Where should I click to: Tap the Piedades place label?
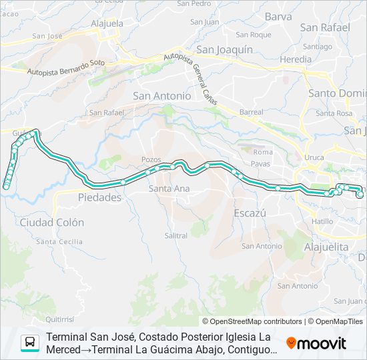pyautogui.click(x=99, y=197)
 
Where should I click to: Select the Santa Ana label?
pyautogui.click(x=169, y=189)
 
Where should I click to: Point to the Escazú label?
pyautogui.click(x=250, y=213)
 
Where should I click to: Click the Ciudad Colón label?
pyautogui.click(x=52, y=222)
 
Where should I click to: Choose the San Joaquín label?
pyautogui.click(x=224, y=49)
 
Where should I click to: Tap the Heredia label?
pyautogui.click(x=296, y=59)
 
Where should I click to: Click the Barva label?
pyautogui.click(x=278, y=17)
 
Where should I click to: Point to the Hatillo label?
pyautogui.click(x=322, y=221)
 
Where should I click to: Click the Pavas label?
pyautogui.click(x=262, y=163)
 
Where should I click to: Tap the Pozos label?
pyautogui.click(x=152, y=159)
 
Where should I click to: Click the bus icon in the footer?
pyautogui.click(x=30, y=343)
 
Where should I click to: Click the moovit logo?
pyautogui.click(x=316, y=343)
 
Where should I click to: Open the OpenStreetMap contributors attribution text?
pyautogui.click(x=256, y=321)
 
